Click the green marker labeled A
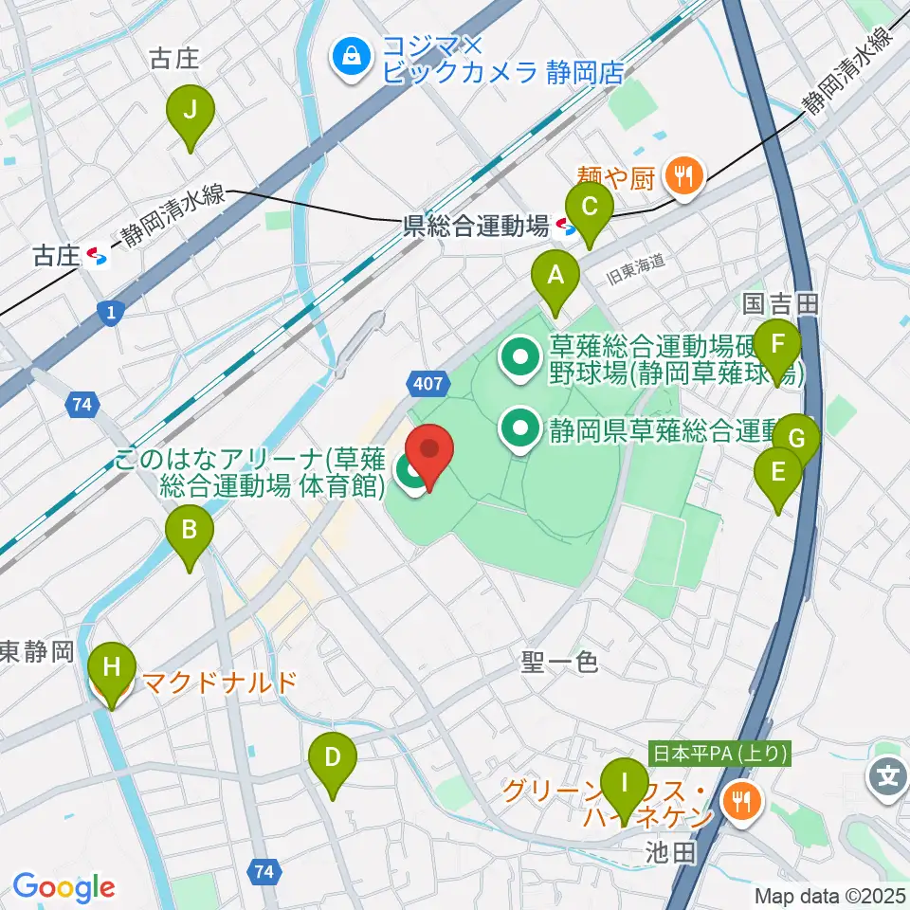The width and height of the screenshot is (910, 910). [x=556, y=277]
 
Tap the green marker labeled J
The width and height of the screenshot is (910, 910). [x=190, y=113]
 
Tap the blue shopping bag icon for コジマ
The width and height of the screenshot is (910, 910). [x=352, y=58]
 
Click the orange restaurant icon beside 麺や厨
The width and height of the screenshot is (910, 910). [x=682, y=173]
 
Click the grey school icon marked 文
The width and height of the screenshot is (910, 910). [x=887, y=779]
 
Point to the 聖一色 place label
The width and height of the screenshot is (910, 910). [x=559, y=662]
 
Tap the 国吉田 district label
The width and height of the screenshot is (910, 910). [x=779, y=303]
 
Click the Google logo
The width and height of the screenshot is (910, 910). [x=64, y=887]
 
